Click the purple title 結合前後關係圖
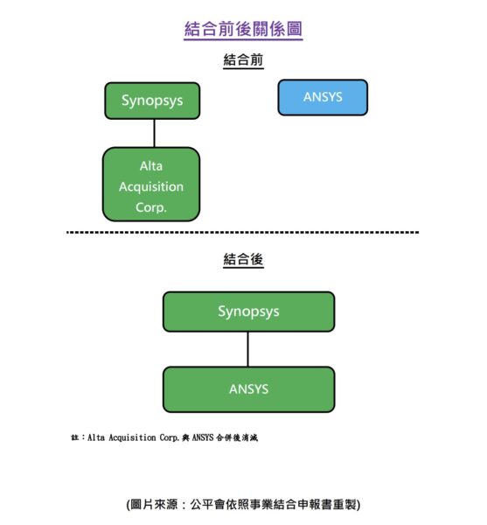coord(243,29)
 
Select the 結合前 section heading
coord(243,60)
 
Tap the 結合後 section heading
coord(243,260)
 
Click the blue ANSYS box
coord(323,97)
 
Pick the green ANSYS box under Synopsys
coord(249,389)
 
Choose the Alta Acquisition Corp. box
coord(151,184)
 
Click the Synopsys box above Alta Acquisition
coord(152,101)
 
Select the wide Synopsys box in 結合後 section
coord(249,311)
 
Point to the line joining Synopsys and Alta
coord(154,133)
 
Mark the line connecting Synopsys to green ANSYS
coord(247,349)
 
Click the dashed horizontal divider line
coord(243,232)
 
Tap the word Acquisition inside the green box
coord(151,187)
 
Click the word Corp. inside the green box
coord(151,207)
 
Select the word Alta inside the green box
coord(151,166)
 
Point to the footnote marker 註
coord(74,437)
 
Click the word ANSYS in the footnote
coord(203,437)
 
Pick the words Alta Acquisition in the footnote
coord(122,437)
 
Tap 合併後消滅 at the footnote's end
coord(237,437)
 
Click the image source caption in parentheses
coord(243,504)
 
